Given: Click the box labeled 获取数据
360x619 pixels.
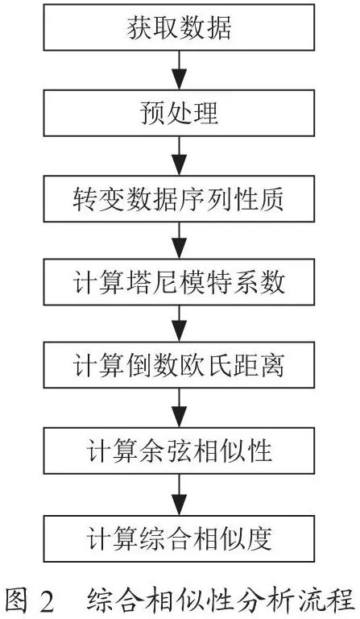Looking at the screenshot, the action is (x=179, y=27).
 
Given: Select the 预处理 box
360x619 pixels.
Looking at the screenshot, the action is (x=179, y=113).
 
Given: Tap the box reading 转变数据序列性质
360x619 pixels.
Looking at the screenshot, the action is (x=179, y=198).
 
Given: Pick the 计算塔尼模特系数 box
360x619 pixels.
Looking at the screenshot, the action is (x=179, y=282).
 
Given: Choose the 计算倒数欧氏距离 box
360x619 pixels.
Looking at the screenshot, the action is (x=179, y=365).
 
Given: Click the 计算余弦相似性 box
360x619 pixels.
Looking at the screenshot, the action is (x=179, y=451).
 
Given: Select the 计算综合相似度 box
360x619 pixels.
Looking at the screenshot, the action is (x=179, y=538).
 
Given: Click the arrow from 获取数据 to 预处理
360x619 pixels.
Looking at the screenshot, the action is (x=180, y=70).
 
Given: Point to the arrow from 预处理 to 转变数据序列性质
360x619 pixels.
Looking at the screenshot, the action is (x=180, y=156).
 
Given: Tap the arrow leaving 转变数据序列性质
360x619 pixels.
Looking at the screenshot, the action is (x=180, y=240).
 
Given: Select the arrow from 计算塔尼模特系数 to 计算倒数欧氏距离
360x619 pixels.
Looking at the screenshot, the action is (x=180, y=323).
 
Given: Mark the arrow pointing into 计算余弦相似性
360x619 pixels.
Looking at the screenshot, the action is (x=180, y=408).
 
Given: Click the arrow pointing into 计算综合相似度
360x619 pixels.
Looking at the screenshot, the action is (x=180, y=494).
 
